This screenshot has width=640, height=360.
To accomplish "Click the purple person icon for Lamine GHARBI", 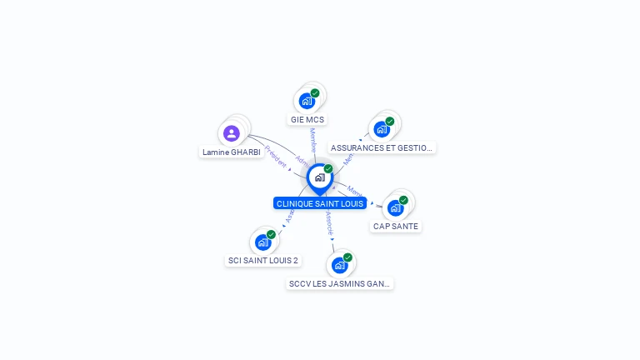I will (x=232, y=133).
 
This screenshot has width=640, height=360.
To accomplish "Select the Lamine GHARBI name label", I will (x=232, y=152).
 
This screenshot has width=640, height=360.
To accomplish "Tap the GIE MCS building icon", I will (x=307, y=101).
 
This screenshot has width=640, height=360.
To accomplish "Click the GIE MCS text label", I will (x=307, y=119).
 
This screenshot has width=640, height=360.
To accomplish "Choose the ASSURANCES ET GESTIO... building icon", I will (x=382, y=129).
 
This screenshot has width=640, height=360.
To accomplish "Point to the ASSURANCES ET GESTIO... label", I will (x=382, y=147).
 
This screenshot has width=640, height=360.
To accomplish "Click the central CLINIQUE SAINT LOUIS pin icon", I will (x=319, y=177).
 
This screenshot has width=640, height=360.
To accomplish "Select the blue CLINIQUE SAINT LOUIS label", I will (x=320, y=203).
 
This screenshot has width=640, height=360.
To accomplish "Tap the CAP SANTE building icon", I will (x=396, y=207).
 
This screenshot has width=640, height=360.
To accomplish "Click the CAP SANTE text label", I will (x=396, y=226).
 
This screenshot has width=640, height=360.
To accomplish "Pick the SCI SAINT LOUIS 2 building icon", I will (x=263, y=242).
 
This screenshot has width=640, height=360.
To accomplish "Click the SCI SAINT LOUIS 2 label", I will (x=263, y=260).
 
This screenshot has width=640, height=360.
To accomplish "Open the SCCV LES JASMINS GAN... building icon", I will (x=339, y=265).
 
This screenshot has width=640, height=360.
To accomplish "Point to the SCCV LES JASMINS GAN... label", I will (x=339, y=283).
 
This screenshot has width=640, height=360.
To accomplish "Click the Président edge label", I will (x=275, y=157).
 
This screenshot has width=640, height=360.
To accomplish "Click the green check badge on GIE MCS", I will (x=315, y=93).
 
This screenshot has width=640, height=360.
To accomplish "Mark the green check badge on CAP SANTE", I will (x=403, y=200).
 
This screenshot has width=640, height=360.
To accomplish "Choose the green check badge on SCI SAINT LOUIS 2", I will (x=271, y=235).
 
